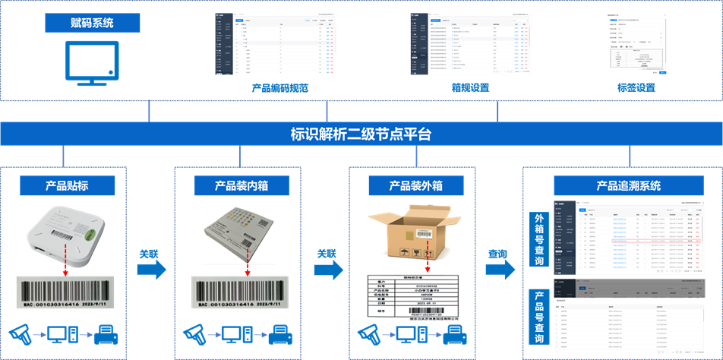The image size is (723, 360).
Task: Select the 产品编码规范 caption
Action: click(280, 87)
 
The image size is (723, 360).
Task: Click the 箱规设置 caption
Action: click(470, 87)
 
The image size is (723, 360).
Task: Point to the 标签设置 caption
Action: click(636, 87)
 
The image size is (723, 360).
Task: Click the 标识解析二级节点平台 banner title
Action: click(361, 134)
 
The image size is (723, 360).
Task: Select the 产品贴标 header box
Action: click(68, 185)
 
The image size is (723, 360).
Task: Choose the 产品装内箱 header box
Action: click(242, 185)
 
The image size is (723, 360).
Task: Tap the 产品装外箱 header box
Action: click(415, 185)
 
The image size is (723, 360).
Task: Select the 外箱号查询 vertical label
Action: click(539, 239)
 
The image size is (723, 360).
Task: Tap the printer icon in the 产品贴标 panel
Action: click(106, 333)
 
